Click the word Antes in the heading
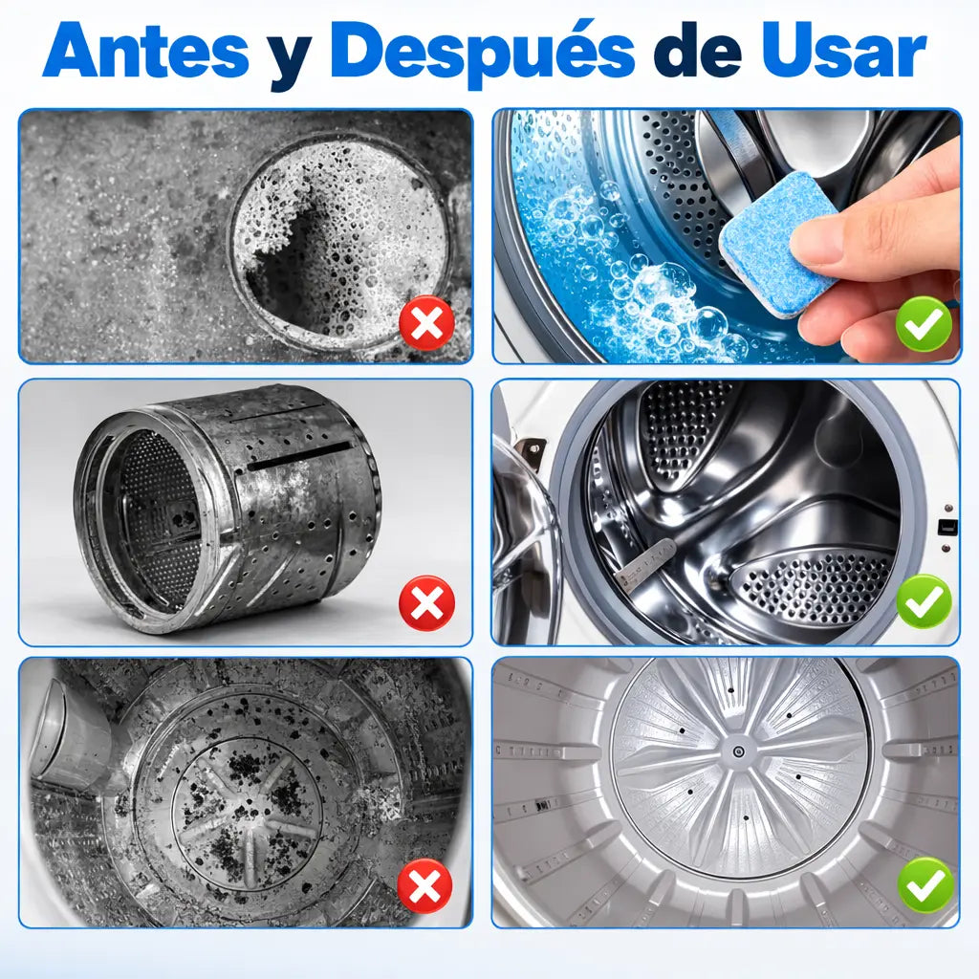(x=146, y=51)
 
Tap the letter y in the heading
(x=291, y=60)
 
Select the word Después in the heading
(x=483, y=54)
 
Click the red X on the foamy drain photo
(x=427, y=323)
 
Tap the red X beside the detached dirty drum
(x=427, y=602)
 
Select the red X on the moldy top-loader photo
(x=424, y=885)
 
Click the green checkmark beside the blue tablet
(x=925, y=323)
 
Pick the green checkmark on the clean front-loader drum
(x=925, y=601)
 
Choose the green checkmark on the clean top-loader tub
(x=925, y=884)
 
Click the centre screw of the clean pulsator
(x=738, y=751)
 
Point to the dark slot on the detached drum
(x=299, y=456)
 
